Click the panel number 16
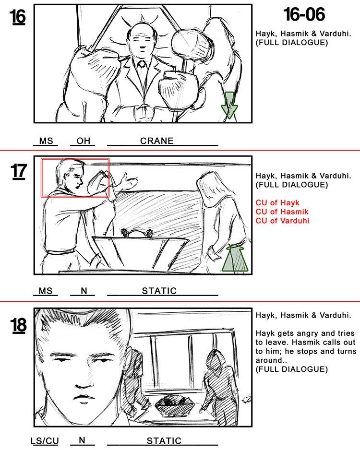(x=19, y=17)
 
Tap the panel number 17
(x=19, y=171)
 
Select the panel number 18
(x=19, y=325)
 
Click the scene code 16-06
(x=304, y=15)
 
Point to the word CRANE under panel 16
(x=157, y=141)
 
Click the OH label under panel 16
(x=83, y=141)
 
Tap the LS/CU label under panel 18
(x=45, y=441)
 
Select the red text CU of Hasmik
(x=282, y=212)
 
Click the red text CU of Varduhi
(x=282, y=221)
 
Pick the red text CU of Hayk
(x=277, y=202)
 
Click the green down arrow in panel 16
(x=229, y=105)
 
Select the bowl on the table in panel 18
(x=175, y=404)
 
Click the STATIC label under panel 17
(x=159, y=291)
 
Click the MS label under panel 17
(x=46, y=291)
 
